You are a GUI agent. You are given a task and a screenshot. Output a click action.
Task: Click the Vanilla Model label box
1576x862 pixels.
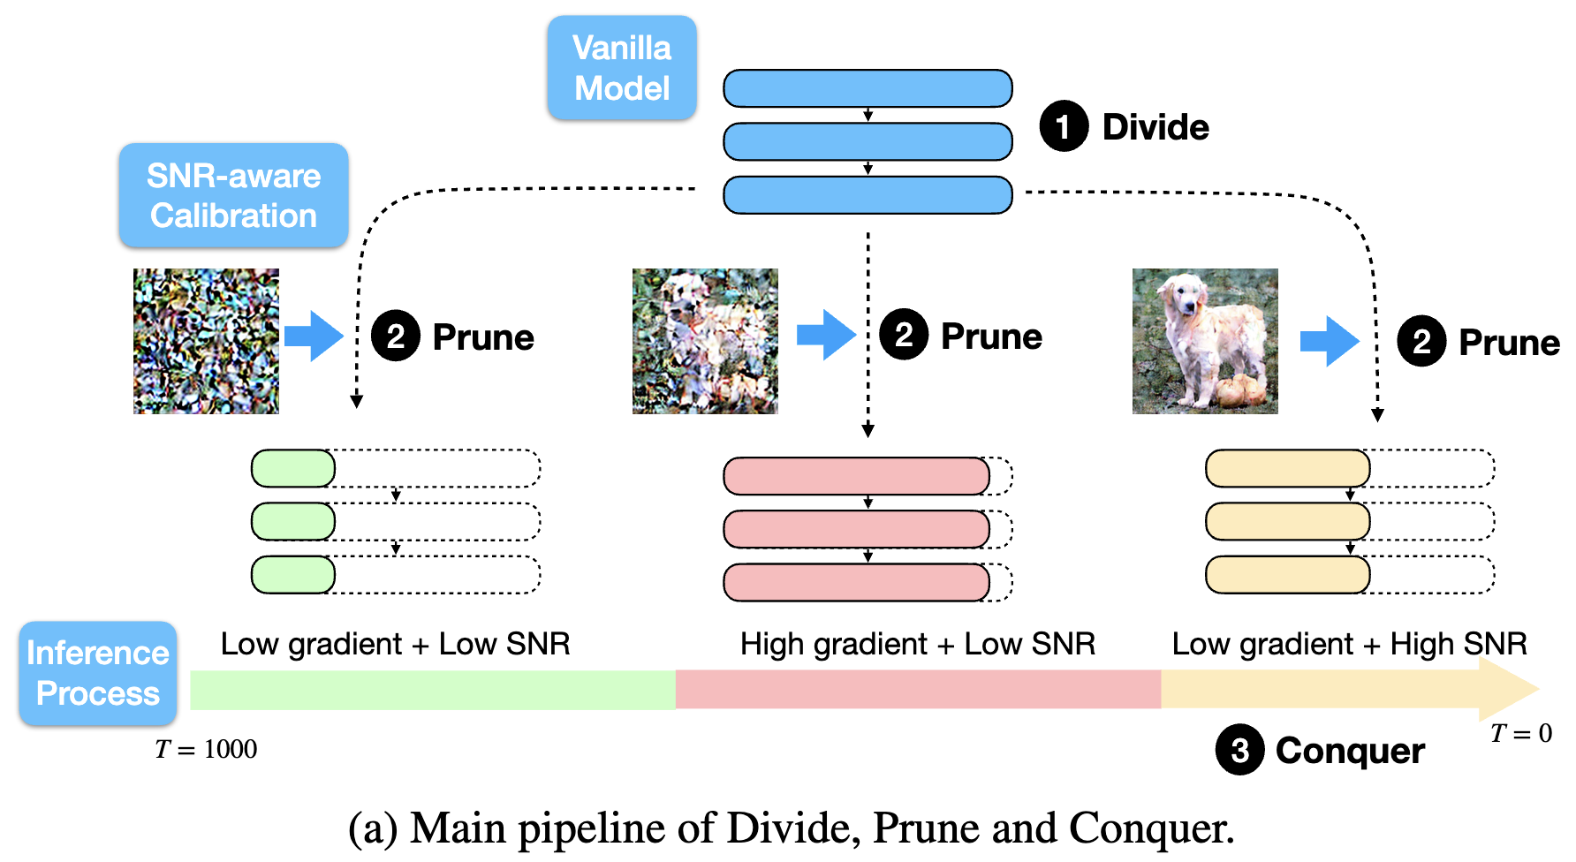[x=622, y=68]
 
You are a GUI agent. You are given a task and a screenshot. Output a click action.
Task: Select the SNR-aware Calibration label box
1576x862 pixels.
[x=234, y=195]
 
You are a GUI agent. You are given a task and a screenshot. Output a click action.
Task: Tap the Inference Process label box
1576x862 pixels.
[x=98, y=673]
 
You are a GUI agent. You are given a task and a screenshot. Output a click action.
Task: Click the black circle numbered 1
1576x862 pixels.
[x=1064, y=126]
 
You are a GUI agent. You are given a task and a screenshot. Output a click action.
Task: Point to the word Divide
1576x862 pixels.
[x=1155, y=127]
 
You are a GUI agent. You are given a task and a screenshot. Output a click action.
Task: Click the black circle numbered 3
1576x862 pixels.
[x=1239, y=750]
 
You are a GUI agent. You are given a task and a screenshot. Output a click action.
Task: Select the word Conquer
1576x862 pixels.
[x=1350, y=751]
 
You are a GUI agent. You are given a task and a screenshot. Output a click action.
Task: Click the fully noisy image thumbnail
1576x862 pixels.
[x=206, y=341]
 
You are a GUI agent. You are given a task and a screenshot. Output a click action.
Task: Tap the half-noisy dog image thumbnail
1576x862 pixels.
[x=705, y=341]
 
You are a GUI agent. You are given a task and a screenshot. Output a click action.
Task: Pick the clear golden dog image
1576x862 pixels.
[x=1205, y=341]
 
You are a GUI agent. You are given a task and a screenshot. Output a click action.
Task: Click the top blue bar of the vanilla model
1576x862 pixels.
[x=868, y=88]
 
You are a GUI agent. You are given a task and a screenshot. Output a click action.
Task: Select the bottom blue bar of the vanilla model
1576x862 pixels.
[x=868, y=195]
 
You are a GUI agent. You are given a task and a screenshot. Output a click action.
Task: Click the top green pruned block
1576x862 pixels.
[x=293, y=468]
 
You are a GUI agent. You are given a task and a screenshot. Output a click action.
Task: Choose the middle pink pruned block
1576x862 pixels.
[x=856, y=529]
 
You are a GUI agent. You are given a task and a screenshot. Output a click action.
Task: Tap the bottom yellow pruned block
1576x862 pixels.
[x=1287, y=575]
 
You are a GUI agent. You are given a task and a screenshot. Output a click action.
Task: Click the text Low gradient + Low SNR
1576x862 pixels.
[x=395, y=644]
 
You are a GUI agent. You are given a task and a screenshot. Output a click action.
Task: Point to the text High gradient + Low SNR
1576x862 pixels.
[x=917, y=644]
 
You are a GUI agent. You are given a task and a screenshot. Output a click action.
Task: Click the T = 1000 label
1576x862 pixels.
[x=206, y=749]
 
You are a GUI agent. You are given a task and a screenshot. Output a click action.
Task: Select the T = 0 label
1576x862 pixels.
[x=1520, y=733]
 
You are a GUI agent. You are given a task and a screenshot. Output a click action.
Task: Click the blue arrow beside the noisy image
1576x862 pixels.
[x=314, y=336]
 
